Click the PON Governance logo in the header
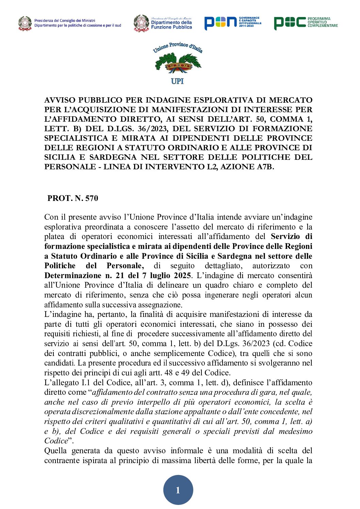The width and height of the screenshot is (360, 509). pos(233,22)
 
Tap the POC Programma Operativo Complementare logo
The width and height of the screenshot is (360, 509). pos(306,22)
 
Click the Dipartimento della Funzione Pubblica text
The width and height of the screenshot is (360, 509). pos(171,25)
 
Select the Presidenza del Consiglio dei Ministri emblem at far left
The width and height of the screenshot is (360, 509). pos(25,23)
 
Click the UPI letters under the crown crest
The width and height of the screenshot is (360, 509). pos(177,81)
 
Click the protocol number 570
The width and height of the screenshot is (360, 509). pos(92,198)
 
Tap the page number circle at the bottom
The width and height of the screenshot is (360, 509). pos(178,490)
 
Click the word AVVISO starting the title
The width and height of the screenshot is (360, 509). pos(59,100)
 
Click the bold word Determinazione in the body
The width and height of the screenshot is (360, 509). pos(72,275)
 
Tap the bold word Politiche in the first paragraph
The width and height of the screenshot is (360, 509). pos(60,266)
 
